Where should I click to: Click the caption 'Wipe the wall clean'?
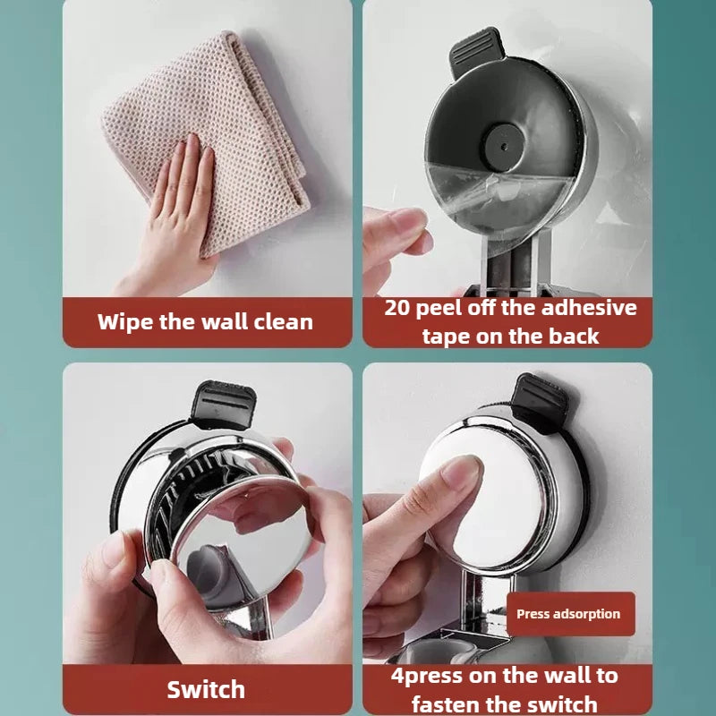[205, 321]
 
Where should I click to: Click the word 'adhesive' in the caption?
[585, 308]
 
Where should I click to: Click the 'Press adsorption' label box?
[568, 614]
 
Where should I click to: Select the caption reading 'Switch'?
[206, 689]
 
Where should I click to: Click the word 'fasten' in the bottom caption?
[451, 703]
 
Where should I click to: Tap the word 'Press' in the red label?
[533, 614]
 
